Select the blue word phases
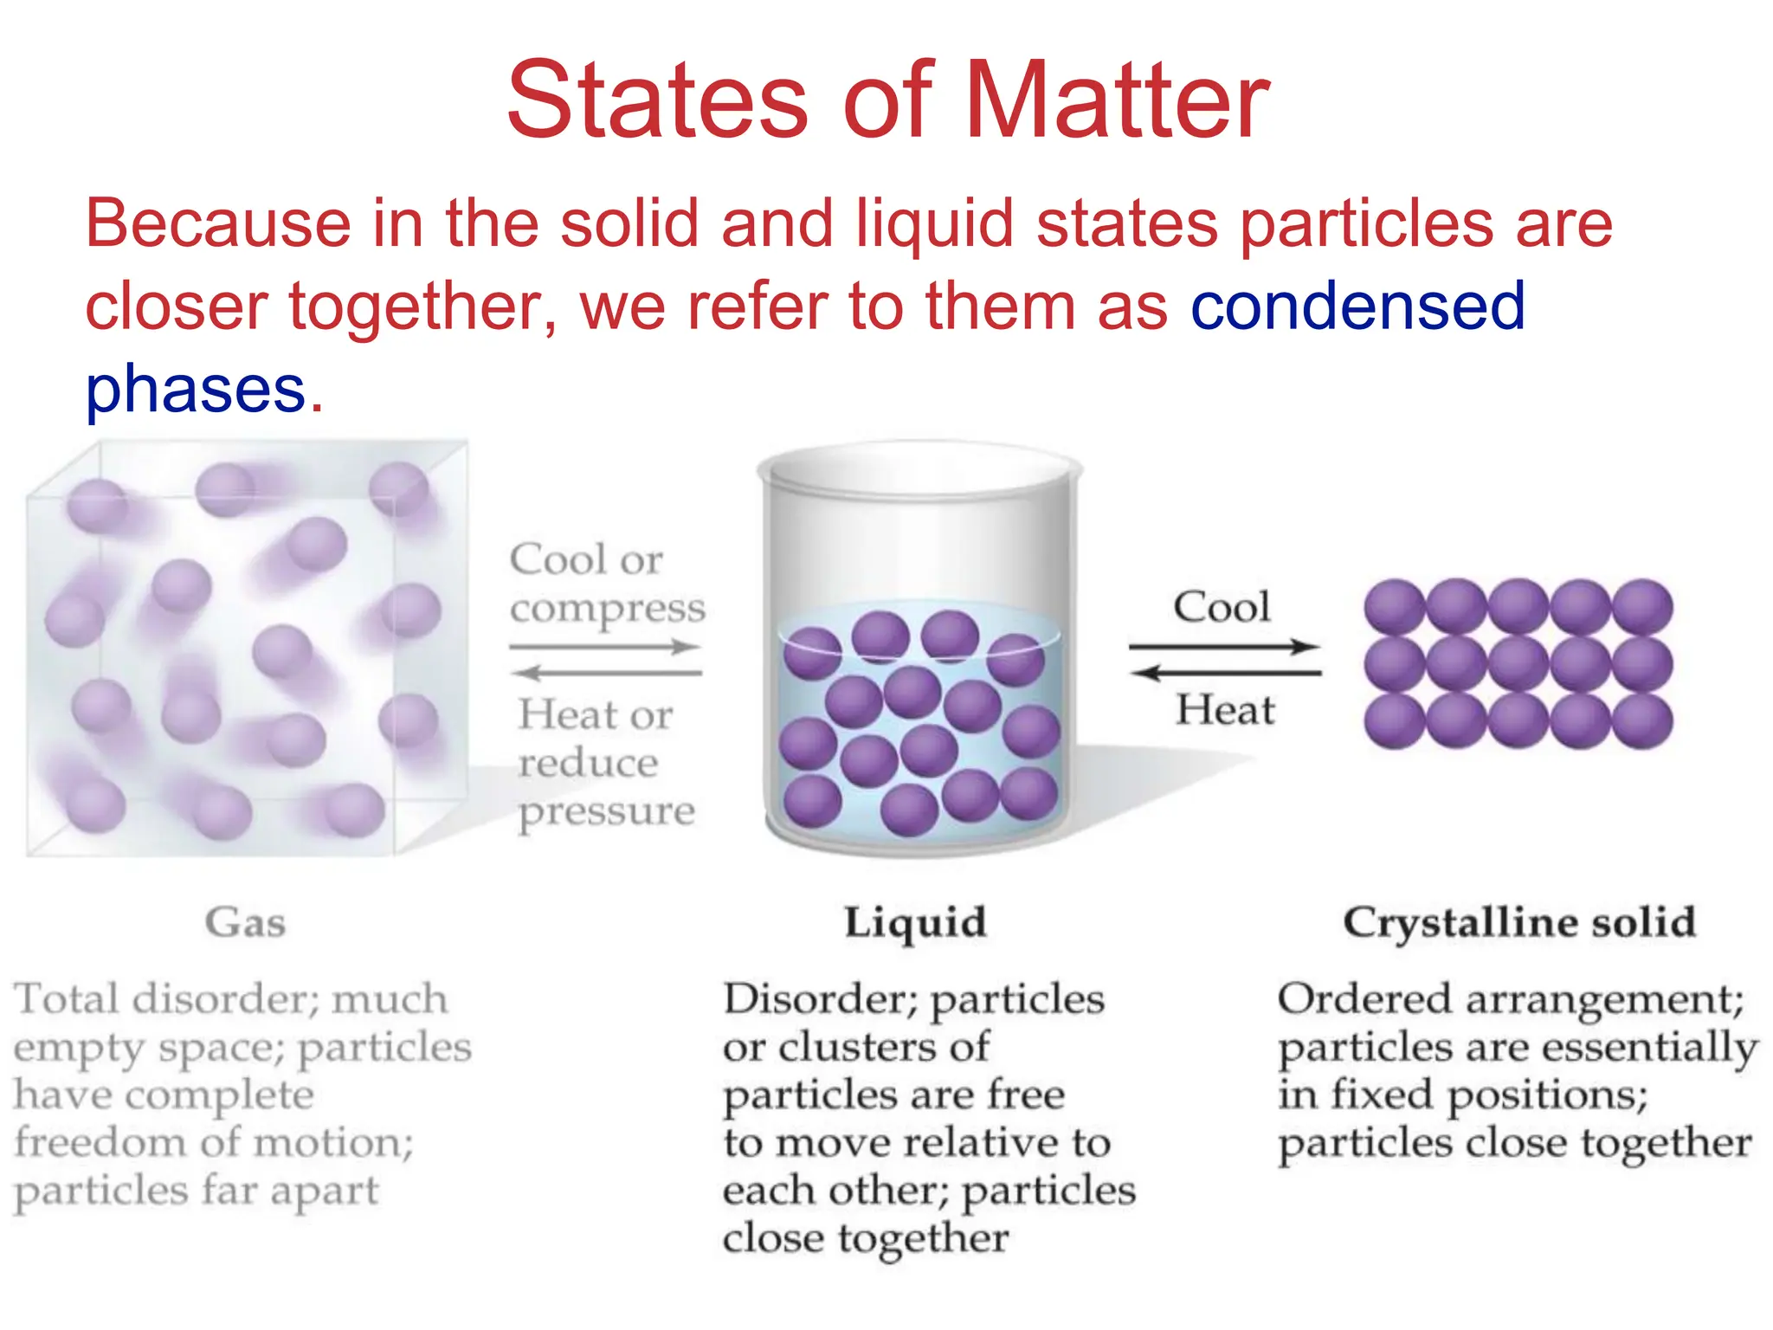(x=196, y=390)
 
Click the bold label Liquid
(x=915, y=922)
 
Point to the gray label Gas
(x=245, y=922)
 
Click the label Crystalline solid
(x=1519, y=922)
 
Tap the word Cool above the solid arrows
(x=1222, y=607)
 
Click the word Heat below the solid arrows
(x=1225, y=710)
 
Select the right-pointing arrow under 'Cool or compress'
(x=605, y=647)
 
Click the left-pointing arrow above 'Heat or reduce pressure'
(x=605, y=673)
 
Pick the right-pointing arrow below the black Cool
(x=1224, y=647)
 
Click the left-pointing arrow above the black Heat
(x=1226, y=673)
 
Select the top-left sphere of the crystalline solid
(x=1394, y=606)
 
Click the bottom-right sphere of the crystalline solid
(x=1642, y=720)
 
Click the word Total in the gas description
(x=67, y=999)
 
